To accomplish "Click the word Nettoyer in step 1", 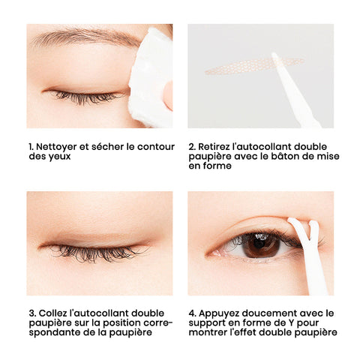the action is [56, 147].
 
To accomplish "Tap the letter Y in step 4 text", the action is [291, 322].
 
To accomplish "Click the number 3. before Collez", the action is [33, 313].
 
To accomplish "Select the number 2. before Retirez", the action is [192, 147].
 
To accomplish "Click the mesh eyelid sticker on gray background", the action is [254, 65].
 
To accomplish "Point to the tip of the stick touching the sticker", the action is [274, 54].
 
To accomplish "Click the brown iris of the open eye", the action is [262, 244].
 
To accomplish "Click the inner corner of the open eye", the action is [208, 254].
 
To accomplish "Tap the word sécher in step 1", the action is [107, 147].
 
